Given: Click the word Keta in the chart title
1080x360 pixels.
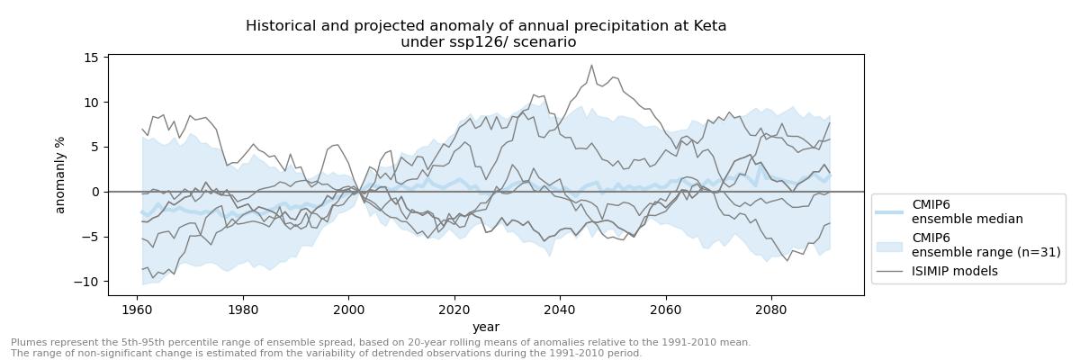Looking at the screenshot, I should pyautogui.click(x=706, y=26).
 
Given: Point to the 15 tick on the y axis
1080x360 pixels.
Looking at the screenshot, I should pyautogui.click(x=91, y=58).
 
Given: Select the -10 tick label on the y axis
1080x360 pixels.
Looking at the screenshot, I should pyautogui.click(x=85, y=282).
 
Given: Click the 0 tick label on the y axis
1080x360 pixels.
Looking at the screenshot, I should pyautogui.click(x=94, y=192).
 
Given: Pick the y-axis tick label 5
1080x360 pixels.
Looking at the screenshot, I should pyautogui.click(x=94, y=147).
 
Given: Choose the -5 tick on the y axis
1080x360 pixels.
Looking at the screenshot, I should pyautogui.click(x=88, y=237).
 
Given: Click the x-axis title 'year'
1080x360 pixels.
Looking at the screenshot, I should pyautogui.click(x=486, y=327).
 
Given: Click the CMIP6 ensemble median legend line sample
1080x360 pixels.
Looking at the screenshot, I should pyautogui.click(x=889, y=211).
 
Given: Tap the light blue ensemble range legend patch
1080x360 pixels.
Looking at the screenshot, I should pyautogui.click(x=889, y=245).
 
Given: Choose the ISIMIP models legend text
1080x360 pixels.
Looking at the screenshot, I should pyautogui.click(x=955, y=271).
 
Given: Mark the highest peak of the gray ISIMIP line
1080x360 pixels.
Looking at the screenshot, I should pyautogui.click(x=591, y=65).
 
